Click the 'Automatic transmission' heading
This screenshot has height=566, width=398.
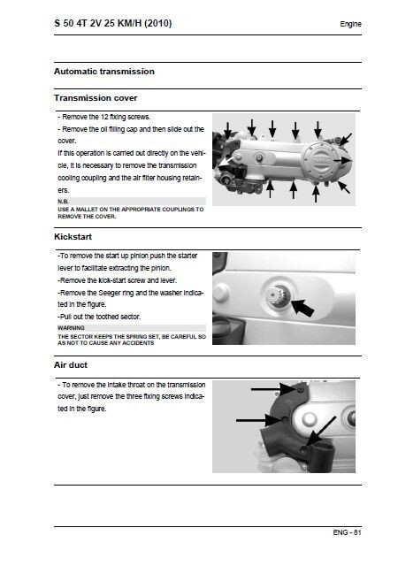(x=104, y=72)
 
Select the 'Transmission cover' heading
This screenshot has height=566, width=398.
(x=96, y=98)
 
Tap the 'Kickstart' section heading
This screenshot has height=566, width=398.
(x=73, y=237)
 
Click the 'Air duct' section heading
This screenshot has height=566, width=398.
(x=71, y=365)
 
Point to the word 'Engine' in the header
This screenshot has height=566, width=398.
(x=350, y=24)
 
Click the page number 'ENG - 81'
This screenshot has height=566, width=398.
(x=347, y=532)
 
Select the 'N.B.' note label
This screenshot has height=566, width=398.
(x=63, y=202)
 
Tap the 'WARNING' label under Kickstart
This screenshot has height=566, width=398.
(x=71, y=328)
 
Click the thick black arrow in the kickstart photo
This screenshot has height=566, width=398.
(x=302, y=308)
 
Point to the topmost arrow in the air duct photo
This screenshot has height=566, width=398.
(x=274, y=389)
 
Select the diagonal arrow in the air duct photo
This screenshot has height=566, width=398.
(x=320, y=431)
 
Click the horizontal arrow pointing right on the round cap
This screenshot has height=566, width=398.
(x=342, y=160)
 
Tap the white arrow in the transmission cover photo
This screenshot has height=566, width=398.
(x=226, y=161)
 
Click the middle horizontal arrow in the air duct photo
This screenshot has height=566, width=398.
(x=259, y=420)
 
